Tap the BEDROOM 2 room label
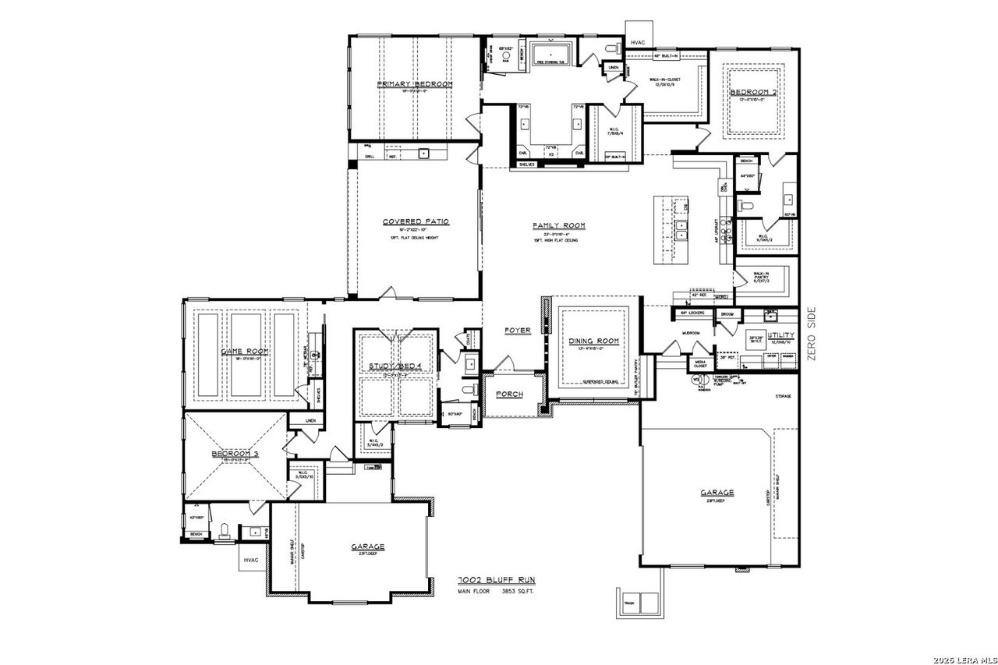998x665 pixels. pos(752,92)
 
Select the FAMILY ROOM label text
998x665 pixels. pos(558,225)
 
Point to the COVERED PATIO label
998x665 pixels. pos(416,221)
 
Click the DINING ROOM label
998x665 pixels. pos(593,341)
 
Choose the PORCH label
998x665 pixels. pos(509,394)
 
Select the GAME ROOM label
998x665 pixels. pos(246,352)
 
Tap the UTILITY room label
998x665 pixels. pos(780,334)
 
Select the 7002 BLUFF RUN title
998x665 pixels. pos(496,581)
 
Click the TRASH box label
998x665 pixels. pos(628,602)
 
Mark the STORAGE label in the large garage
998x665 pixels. pos(783,396)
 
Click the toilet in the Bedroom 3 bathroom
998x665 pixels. pos(225,531)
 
